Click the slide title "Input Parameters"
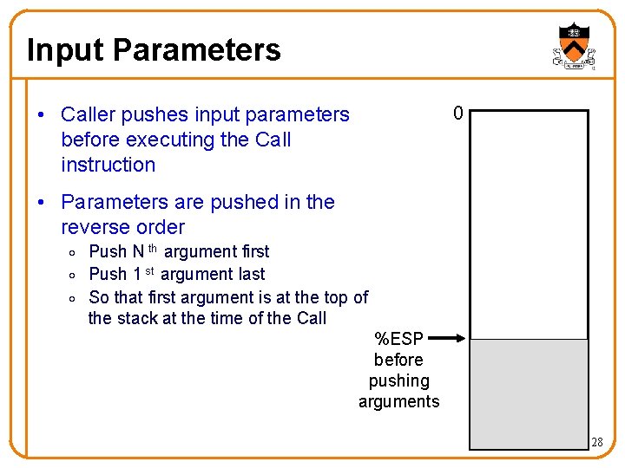[x=154, y=49]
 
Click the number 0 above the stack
[x=457, y=114]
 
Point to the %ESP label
[x=398, y=339]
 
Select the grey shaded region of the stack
[x=529, y=393]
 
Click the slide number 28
[x=596, y=442]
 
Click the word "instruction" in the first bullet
[x=109, y=165]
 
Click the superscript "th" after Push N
[x=153, y=249]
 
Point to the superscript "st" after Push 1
[x=149, y=271]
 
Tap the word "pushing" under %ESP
[x=398, y=380]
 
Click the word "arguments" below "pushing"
[x=398, y=401]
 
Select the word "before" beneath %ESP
[x=398, y=360]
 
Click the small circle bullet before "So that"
[x=76, y=298]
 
